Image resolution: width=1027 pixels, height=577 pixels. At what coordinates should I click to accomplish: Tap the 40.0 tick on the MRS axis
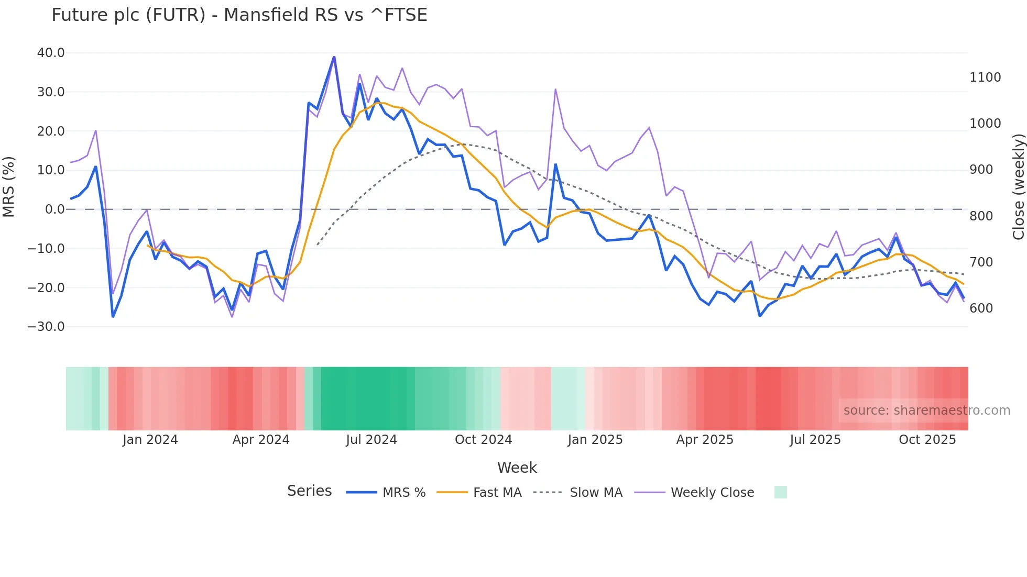pos(51,53)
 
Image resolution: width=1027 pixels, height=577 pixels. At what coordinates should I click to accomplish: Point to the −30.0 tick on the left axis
pos(46,327)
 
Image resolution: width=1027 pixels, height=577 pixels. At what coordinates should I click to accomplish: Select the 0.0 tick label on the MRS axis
pos(54,209)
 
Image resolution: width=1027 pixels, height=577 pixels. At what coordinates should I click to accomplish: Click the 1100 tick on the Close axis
pos(985,77)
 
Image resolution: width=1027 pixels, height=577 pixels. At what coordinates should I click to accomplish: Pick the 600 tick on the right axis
pos(981,308)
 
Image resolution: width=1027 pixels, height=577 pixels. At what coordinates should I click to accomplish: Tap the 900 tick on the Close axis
pos(981,170)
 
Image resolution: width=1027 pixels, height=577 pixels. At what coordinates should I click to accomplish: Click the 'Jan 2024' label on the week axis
pos(150,440)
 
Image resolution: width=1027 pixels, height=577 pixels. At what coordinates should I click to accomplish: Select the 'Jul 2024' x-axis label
pos(371,440)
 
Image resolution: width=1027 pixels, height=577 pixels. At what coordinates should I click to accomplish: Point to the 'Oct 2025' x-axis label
pos(927,440)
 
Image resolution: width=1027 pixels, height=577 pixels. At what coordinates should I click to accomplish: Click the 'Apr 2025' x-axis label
pos(704,440)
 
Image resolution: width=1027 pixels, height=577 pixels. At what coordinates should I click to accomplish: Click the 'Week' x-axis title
pos(517,468)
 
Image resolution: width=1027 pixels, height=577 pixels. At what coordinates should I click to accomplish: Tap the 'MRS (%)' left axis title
pos(9,187)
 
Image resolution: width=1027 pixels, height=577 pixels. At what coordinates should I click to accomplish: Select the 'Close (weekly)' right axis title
pos(1018,187)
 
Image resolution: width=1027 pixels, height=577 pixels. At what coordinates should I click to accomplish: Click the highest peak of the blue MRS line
pos(334,57)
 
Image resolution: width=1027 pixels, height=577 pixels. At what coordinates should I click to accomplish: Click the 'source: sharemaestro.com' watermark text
pos(926,410)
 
